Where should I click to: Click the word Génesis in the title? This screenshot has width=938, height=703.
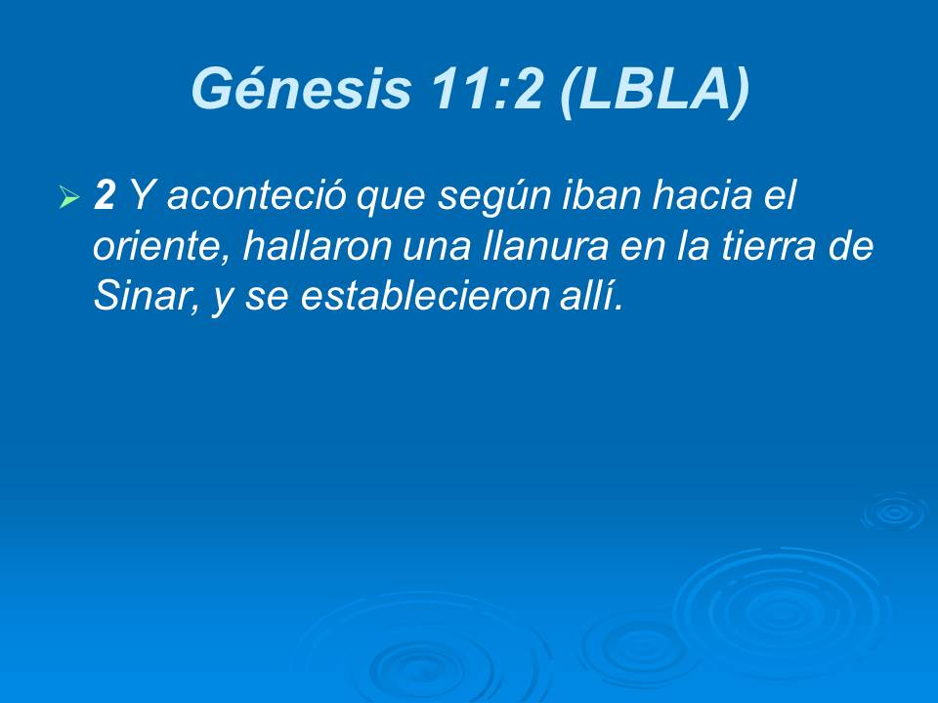(300, 90)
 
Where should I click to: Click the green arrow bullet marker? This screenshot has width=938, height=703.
(68, 199)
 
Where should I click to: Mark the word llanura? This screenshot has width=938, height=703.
(540, 247)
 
